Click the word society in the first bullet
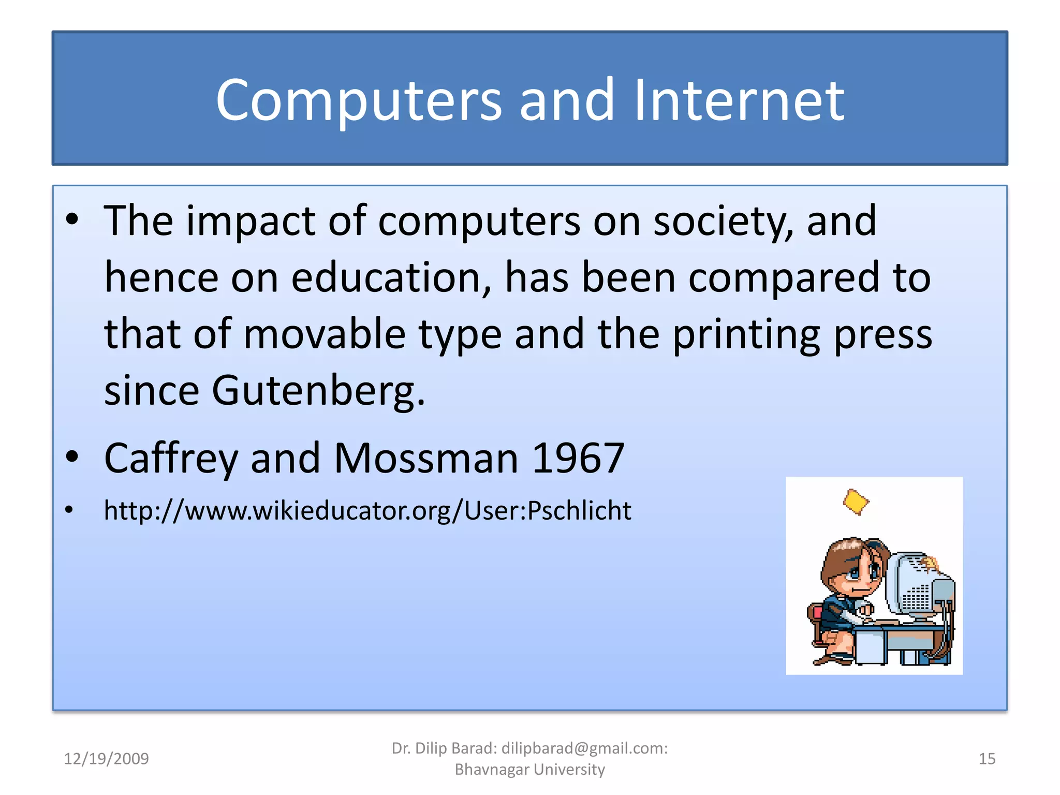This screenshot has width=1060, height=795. pos(723,222)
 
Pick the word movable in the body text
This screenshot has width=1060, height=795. pos(325,334)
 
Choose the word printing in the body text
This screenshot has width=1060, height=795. pos(746,335)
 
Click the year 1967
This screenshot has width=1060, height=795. pos(578,458)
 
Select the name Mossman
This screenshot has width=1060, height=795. pos(426,458)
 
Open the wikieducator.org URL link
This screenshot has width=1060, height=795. pos(367,511)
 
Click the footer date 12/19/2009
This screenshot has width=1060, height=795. pos(106,759)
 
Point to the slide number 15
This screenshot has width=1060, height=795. pos(987,759)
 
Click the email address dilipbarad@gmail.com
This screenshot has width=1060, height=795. pos(583,748)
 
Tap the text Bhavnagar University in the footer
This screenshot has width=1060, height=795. pos(529,770)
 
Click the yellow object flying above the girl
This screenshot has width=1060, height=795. pos(856,502)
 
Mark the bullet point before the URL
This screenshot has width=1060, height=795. pos(69,510)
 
